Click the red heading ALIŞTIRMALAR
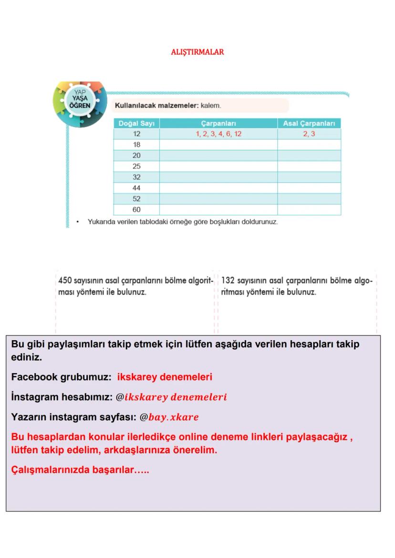[x=197, y=52]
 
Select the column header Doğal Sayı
[x=136, y=123]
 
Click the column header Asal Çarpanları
[x=309, y=123]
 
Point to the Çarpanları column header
[x=218, y=123]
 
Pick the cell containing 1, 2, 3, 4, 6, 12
[x=218, y=134]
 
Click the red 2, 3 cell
[x=309, y=134]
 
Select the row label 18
[x=136, y=145]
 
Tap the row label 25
[x=136, y=166]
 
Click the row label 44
[x=136, y=188]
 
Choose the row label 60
[x=136, y=210]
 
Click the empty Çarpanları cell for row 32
[x=218, y=177]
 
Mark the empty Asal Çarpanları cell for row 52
[x=309, y=199]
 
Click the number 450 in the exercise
[x=64, y=281]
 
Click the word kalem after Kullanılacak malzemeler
[x=211, y=105]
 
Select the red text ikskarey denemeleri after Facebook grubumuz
[x=165, y=377]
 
